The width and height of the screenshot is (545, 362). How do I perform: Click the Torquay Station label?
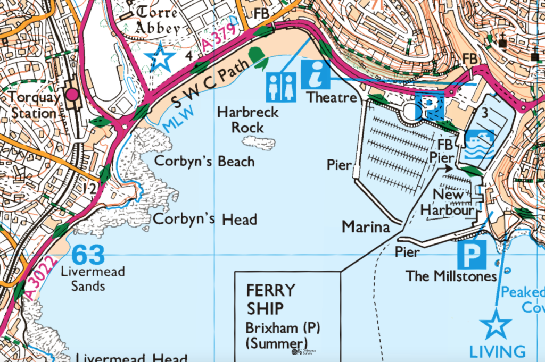tap(32, 105)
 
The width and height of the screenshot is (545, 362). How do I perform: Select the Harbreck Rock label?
tap(241, 120)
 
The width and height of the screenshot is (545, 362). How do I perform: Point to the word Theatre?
tap(331, 98)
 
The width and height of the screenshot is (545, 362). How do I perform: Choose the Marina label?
tap(365, 227)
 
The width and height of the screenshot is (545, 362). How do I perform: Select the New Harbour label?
tap(448, 203)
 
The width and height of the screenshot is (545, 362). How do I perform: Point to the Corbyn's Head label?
tap(205, 219)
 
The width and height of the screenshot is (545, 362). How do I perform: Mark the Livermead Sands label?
tap(93, 279)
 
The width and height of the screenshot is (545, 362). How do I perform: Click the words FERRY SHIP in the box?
tap(270, 299)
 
